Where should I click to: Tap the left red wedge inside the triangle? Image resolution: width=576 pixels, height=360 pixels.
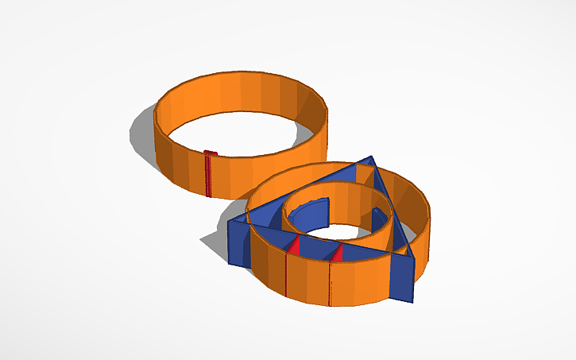click(x=293, y=246)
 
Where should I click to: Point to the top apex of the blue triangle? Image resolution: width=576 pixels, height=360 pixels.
click(x=371, y=160)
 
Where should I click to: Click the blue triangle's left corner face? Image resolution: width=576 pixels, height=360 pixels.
click(x=239, y=243)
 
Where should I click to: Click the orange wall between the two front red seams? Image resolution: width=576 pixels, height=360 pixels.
click(x=308, y=278)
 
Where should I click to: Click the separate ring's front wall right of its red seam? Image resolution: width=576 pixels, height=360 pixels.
click(x=238, y=179)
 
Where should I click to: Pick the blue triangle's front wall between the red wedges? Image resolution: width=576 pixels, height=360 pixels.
click(x=316, y=249)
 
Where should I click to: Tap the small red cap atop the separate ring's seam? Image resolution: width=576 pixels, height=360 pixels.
click(x=210, y=153)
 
